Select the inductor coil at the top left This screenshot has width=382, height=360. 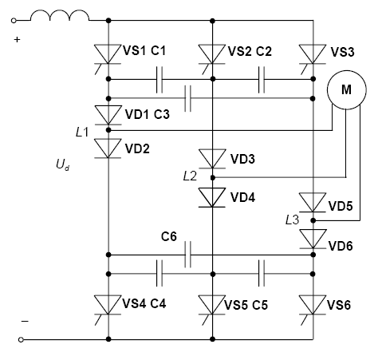pos(60,15)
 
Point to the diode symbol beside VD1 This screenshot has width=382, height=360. pos(108,115)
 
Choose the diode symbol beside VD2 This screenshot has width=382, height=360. pos(108,148)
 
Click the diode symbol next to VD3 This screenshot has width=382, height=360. pos(212,159)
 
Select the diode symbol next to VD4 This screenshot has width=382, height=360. pos(212,197)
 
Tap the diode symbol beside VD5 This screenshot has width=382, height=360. pos(313,203)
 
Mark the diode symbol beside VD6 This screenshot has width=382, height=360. pos(313,239)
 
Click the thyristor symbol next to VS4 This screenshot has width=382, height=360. pos(108,309)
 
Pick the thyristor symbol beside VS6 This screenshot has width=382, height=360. pos(313,309)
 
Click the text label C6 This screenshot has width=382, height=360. pos(169,236)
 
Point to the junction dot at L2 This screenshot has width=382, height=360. pos(212,177)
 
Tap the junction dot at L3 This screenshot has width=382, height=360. pos(313,220)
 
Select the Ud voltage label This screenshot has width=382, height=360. pos(63,164)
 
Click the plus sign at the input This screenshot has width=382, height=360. pos(17,40)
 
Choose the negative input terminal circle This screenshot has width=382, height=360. pos(21,339)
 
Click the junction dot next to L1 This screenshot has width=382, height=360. pos(108,130)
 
